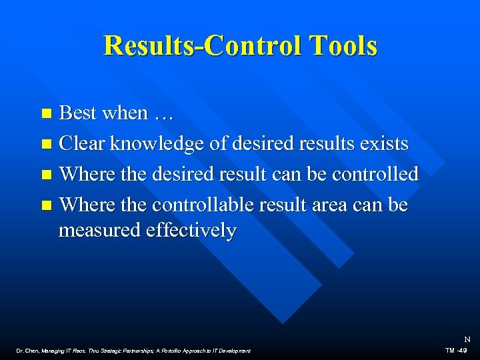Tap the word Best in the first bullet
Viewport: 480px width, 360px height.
click(77, 113)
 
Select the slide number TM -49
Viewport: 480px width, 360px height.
click(456, 350)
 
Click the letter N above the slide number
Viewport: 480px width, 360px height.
click(467, 339)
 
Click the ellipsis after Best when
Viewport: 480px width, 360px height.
click(163, 113)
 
